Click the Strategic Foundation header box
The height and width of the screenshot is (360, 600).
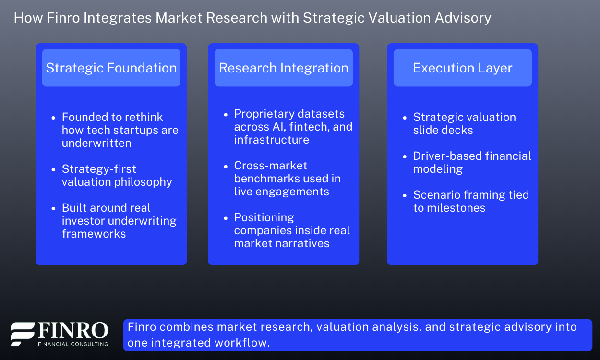coord(111,68)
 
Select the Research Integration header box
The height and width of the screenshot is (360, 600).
coord(283,68)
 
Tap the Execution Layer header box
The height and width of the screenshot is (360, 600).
coord(462,68)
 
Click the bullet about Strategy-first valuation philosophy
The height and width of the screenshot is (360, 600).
coord(117,175)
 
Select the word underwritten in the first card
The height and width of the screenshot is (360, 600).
coord(96,143)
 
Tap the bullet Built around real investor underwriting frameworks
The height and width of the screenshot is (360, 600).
coord(119,221)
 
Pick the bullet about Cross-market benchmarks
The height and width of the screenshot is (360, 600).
coord(287,179)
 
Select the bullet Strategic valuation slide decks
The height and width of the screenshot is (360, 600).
coord(464,123)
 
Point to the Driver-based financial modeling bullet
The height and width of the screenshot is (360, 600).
coord(472,162)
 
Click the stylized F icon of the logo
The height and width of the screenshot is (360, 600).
coord(23,334)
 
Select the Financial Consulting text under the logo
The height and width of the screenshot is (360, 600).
coord(72,344)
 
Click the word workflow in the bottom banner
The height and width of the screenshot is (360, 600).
coord(245,342)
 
